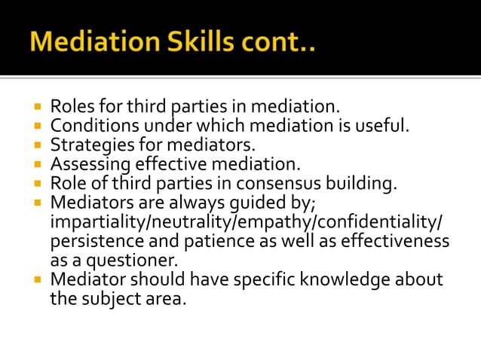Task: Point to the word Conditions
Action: (x=91, y=125)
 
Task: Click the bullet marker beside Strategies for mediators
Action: (x=38, y=143)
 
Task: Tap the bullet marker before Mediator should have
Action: (x=38, y=279)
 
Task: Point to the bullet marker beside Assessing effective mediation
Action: (x=38, y=163)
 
